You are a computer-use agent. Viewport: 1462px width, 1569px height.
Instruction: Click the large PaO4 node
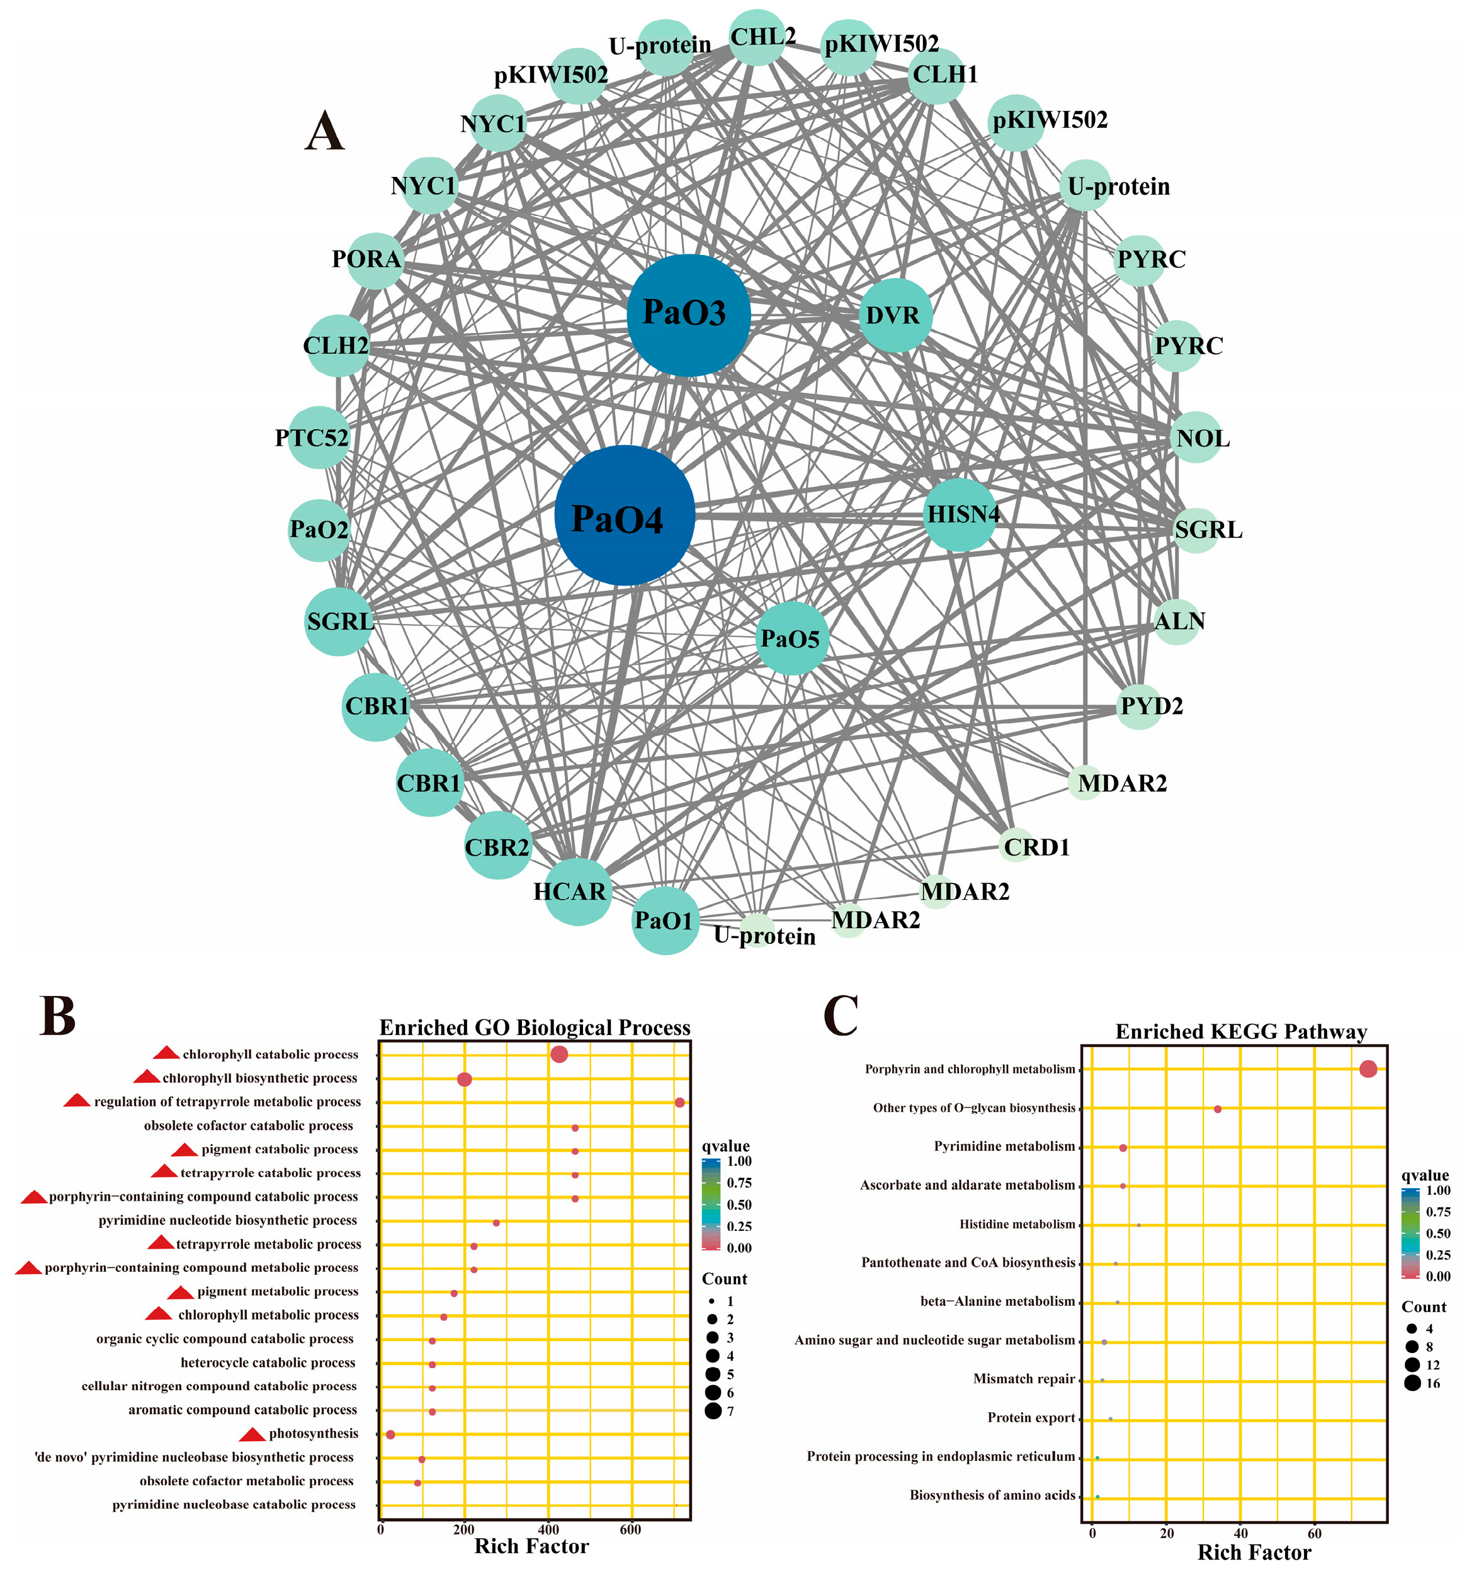(x=625, y=516)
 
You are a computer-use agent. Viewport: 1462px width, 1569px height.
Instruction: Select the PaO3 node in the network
(x=688, y=315)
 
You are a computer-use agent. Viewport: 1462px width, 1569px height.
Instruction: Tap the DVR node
(x=895, y=315)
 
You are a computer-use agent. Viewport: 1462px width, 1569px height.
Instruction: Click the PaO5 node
(x=792, y=638)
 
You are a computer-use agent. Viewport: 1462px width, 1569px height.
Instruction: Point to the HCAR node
(x=578, y=891)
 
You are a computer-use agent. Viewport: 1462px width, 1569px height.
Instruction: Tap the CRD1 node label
(x=1036, y=847)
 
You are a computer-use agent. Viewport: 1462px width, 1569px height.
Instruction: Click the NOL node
(x=1197, y=437)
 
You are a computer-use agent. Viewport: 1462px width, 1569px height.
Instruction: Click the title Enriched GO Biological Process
(x=535, y=1028)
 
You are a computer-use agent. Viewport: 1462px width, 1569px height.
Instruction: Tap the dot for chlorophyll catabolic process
(x=559, y=1055)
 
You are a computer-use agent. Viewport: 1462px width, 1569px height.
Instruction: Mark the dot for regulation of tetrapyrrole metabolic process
(x=680, y=1102)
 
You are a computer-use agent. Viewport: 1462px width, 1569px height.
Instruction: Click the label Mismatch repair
(x=1024, y=1379)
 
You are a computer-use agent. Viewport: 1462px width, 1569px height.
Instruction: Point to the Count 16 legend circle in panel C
(x=1412, y=1383)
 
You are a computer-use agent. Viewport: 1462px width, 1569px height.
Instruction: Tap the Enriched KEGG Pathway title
(x=1240, y=1031)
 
